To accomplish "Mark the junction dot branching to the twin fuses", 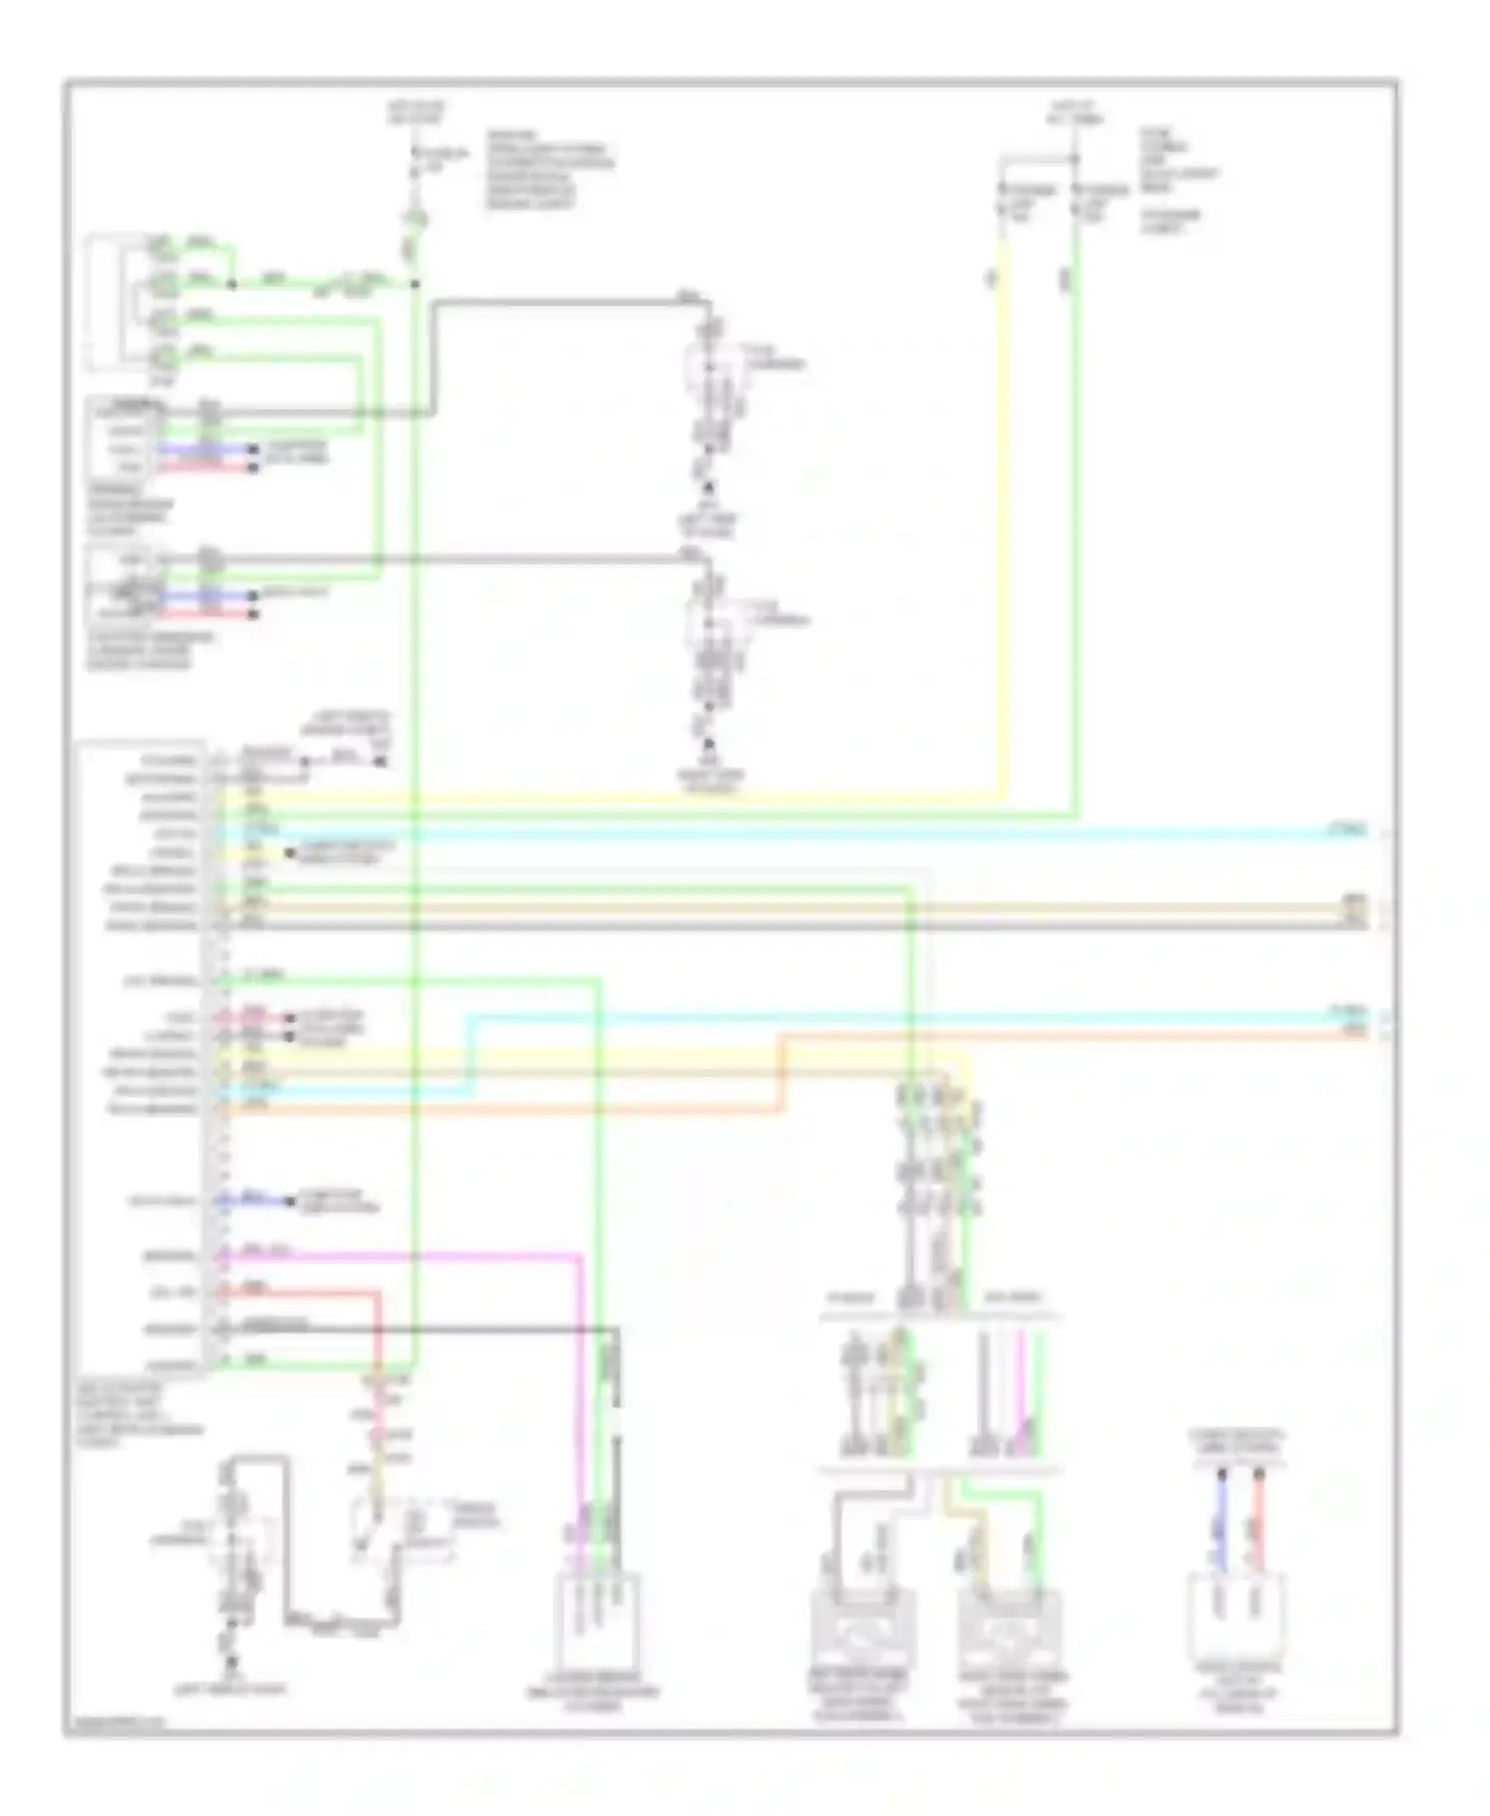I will click(1076, 159).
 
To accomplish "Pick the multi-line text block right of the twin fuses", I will click(1177, 179).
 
